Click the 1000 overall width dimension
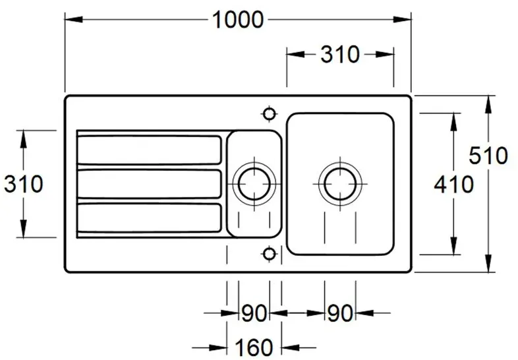click(237, 20)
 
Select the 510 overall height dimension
click(488, 156)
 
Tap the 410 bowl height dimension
click(453, 184)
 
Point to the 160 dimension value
click(254, 347)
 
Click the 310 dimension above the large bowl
click(340, 55)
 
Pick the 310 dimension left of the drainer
click(24, 184)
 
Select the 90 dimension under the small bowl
click(254, 313)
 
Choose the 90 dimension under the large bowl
click(340, 313)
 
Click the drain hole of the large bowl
click(340, 183)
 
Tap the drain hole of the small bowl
click(254, 184)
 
